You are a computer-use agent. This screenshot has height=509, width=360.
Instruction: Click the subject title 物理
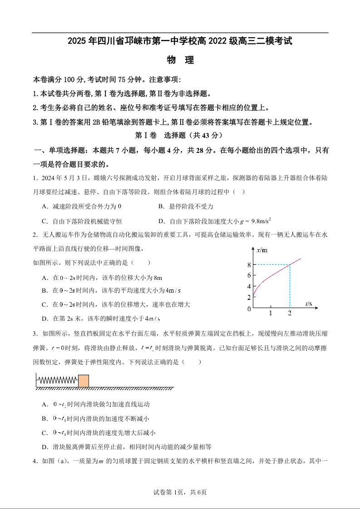pyautogui.click(x=180, y=60)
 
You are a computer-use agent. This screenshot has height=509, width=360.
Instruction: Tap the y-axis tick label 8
pyautogui.click(x=249, y=264)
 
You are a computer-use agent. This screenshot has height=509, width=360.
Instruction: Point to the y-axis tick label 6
pyautogui.click(x=249, y=275)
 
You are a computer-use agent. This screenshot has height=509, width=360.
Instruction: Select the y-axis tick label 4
pyautogui.click(x=249, y=286)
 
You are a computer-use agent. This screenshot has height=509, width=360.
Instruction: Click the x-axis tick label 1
pyautogui.click(x=271, y=313)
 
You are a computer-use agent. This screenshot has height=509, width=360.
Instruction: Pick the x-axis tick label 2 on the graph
pyautogui.click(x=290, y=313)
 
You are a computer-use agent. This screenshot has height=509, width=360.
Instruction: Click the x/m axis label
pyautogui.click(x=261, y=250)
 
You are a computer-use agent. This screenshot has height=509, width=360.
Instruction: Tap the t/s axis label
pyautogui.click(x=309, y=303)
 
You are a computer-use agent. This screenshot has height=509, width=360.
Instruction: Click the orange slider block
pyautogui.click(x=83, y=381)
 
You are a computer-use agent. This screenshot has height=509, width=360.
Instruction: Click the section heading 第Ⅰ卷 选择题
pyautogui.click(x=180, y=135)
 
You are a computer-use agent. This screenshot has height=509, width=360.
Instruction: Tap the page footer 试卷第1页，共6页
pyautogui.click(x=180, y=492)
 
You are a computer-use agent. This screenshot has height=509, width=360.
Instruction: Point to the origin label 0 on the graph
pyautogui.click(x=249, y=309)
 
